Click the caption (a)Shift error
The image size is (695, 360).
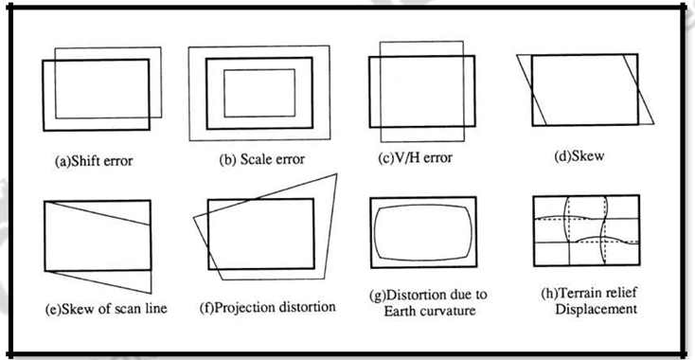pyautogui.click(x=93, y=161)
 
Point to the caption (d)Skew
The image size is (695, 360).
pyautogui.click(x=579, y=155)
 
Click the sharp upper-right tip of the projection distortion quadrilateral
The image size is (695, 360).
pyautogui.click(x=336, y=174)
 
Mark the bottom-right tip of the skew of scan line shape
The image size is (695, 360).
pyautogui.click(x=151, y=291)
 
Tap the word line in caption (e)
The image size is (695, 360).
pyautogui.click(x=132, y=310)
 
